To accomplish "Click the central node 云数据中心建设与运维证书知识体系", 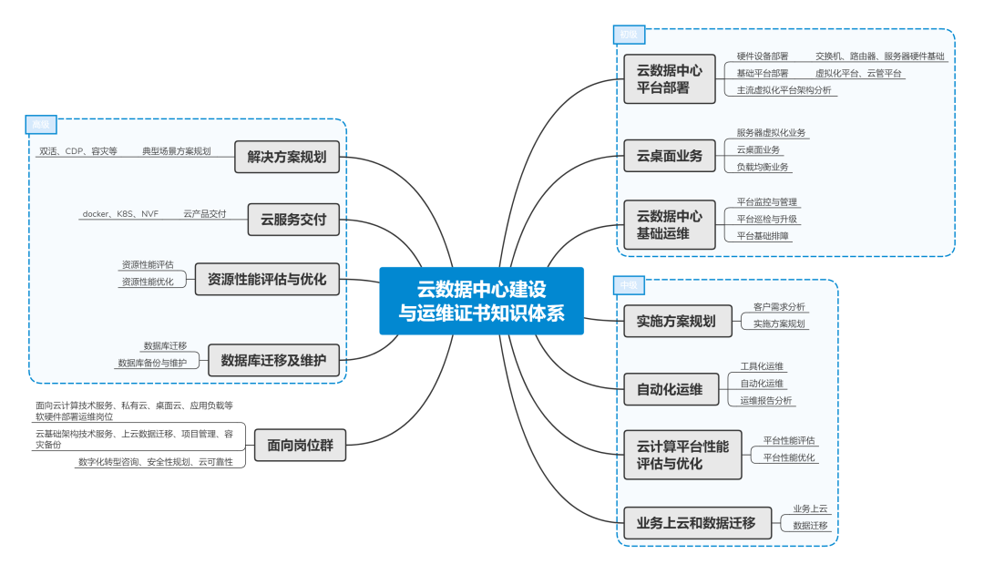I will coord(481,301).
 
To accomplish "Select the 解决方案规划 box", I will coord(287,157).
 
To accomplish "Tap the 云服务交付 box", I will coord(293,219).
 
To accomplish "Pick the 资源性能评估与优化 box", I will coord(267,279).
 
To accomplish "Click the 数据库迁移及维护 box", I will coord(273,360).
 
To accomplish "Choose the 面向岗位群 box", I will coord(300,446).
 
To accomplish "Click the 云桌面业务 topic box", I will coord(670,156).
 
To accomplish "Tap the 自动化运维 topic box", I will coord(670,389).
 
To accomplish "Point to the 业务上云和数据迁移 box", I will coord(697,523).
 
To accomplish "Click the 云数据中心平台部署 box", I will coord(670,78).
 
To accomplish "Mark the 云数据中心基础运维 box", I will coord(670,225).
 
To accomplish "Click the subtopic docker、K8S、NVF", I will coord(120,214).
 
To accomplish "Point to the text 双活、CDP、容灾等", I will coord(78,151).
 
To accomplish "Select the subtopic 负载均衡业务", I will coord(763,167).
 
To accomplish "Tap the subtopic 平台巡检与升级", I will coord(767,219).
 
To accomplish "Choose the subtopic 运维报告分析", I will coord(765,400).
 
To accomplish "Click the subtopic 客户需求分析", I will coord(779,307).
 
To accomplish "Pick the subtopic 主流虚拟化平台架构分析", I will coord(784,89).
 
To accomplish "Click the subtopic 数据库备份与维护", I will coord(152,363).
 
